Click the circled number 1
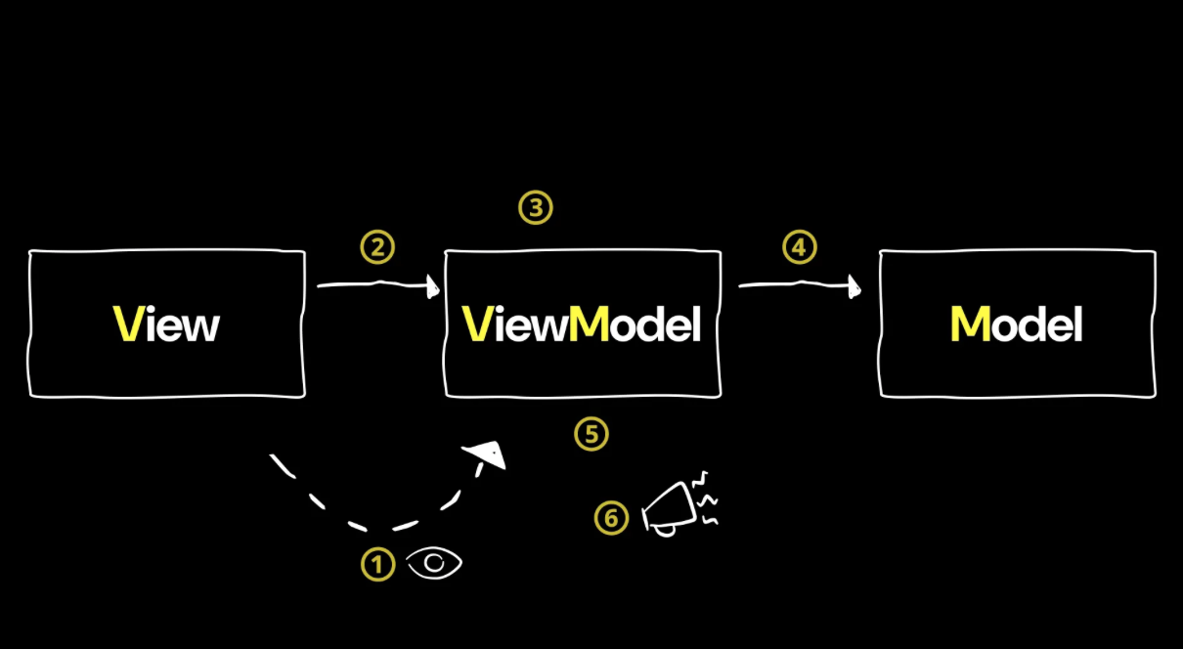tap(377, 564)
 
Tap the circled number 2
tap(377, 246)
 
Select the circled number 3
tap(536, 207)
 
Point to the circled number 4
tap(800, 247)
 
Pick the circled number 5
tap(591, 434)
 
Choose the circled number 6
tap(611, 517)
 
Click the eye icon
tap(433, 563)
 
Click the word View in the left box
tap(166, 324)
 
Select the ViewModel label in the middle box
tap(582, 324)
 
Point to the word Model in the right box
tap(1016, 324)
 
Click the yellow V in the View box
tap(127, 324)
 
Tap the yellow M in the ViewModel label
tap(589, 324)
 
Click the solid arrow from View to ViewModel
tap(377, 285)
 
